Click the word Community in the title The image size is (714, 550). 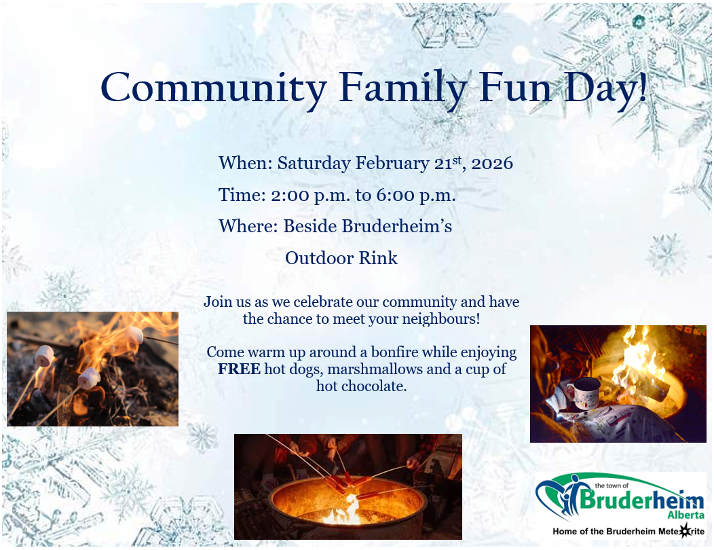(x=213, y=87)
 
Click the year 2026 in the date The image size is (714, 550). (x=492, y=163)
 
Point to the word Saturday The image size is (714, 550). (x=314, y=163)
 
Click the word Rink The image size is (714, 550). (x=378, y=258)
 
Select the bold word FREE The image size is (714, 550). (x=239, y=369)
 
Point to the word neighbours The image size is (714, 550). (x=438, y=318)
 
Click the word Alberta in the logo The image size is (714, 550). (x=685, y=515)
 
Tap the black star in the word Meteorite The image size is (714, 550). (x=684, y=531)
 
